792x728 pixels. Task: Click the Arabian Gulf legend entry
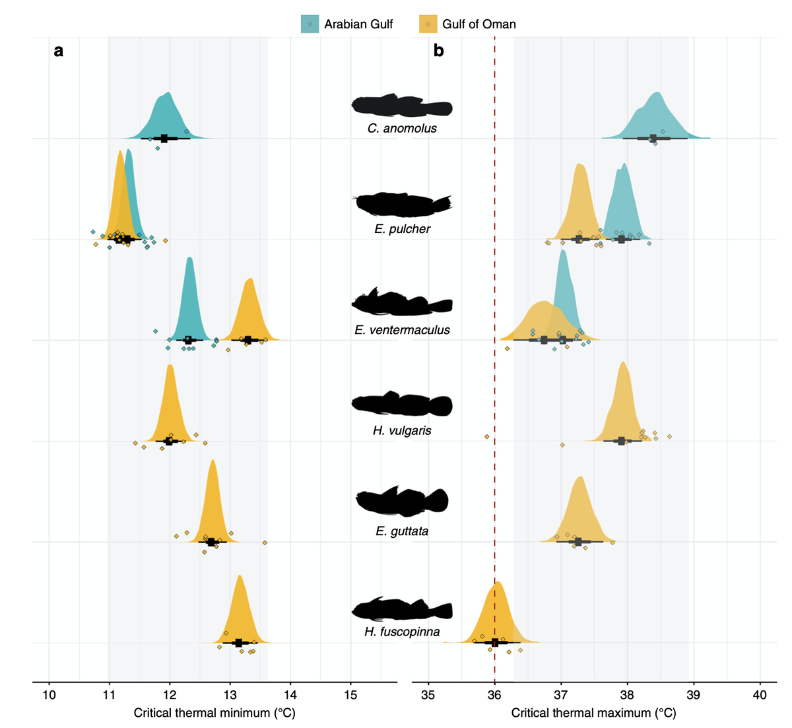(348, 24)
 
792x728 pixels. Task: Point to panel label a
(59, 51)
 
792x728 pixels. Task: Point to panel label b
(439, 51)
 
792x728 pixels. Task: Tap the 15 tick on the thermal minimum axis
(350, 695)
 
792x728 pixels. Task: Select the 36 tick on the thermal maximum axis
(494, 695)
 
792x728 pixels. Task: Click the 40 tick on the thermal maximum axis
(760, 695)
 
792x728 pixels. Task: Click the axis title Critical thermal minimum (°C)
(214, 713)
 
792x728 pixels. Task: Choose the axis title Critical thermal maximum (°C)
(593, 713)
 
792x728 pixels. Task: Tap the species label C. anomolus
(402, 128)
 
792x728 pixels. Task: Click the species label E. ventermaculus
(402, 330)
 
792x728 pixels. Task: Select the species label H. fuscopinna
(402, 632)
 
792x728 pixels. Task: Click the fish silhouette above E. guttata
(402, 501)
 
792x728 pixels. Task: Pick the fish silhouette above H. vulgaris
(402, 404)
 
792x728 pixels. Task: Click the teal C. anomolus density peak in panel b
(656, 94)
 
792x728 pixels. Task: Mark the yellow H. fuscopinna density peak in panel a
(240, 577)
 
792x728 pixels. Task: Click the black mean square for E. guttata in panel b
(579, 542)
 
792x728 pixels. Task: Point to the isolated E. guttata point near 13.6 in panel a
(265, 543)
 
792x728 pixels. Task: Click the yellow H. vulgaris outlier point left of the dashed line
(486, 436)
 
